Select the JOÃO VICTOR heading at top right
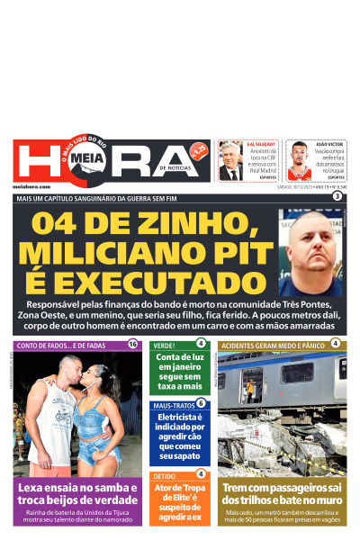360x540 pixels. click(330, 144)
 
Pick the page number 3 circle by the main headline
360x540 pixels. click(337, 196)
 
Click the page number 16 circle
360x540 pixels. click(133, 344)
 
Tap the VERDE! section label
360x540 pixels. click(164, 345)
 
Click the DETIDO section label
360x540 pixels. click(164, 475)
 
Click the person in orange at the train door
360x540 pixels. click(250, 391)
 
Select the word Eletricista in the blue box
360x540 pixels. click(180, 417)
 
